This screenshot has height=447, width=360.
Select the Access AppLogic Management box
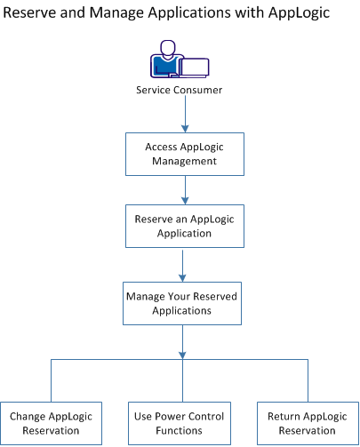coord(181,156)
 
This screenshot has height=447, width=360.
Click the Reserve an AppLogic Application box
coord(181,227)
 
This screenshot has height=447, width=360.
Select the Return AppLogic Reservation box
coord(307,422)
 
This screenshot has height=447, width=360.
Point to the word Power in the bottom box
coord(173,416)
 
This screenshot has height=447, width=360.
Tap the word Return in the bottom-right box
coord(280,416)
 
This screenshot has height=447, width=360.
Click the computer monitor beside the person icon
coord(195,64)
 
